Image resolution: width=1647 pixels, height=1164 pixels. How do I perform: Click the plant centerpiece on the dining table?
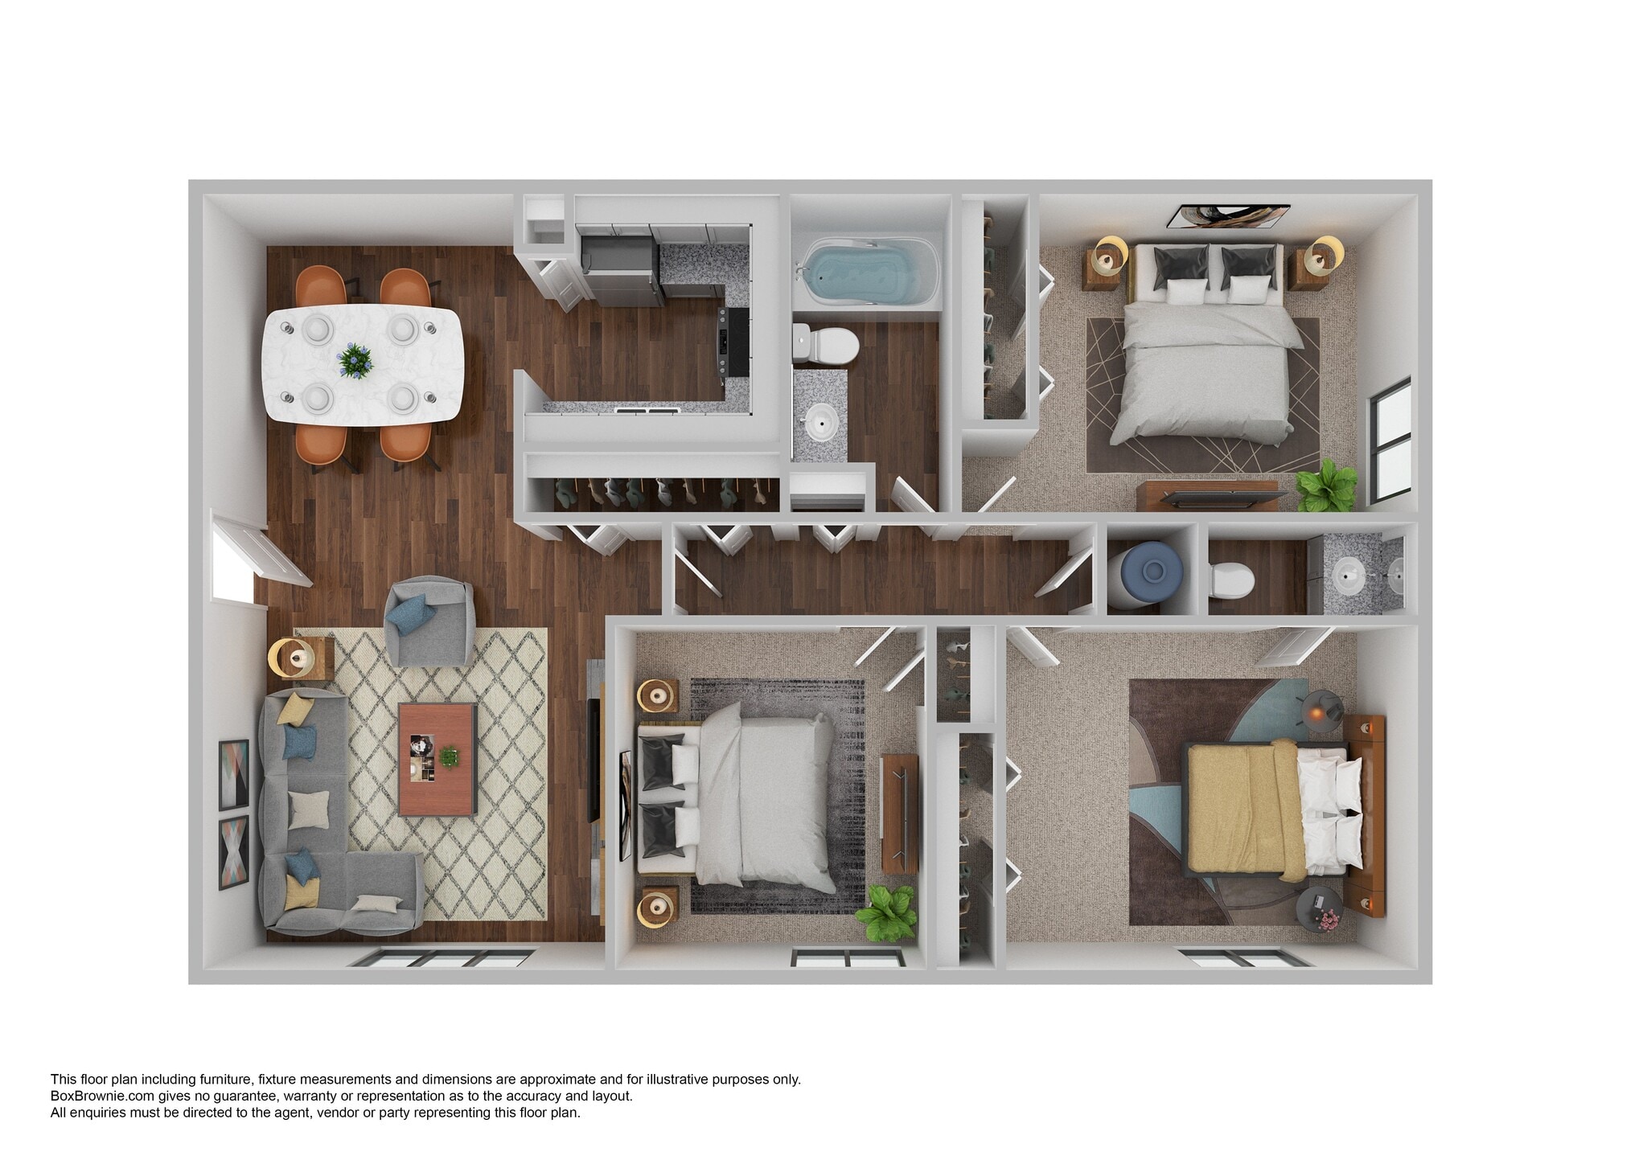tap(354, 360)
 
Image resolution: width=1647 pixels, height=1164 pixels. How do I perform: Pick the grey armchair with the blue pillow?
tap(429, 621)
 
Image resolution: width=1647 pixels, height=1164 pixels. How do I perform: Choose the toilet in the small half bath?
tap(1231, 579)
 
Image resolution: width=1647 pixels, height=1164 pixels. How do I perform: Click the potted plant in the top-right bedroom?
tap(1325, 485)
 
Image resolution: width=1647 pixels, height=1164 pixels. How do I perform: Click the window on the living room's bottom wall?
tap(442, 957)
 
